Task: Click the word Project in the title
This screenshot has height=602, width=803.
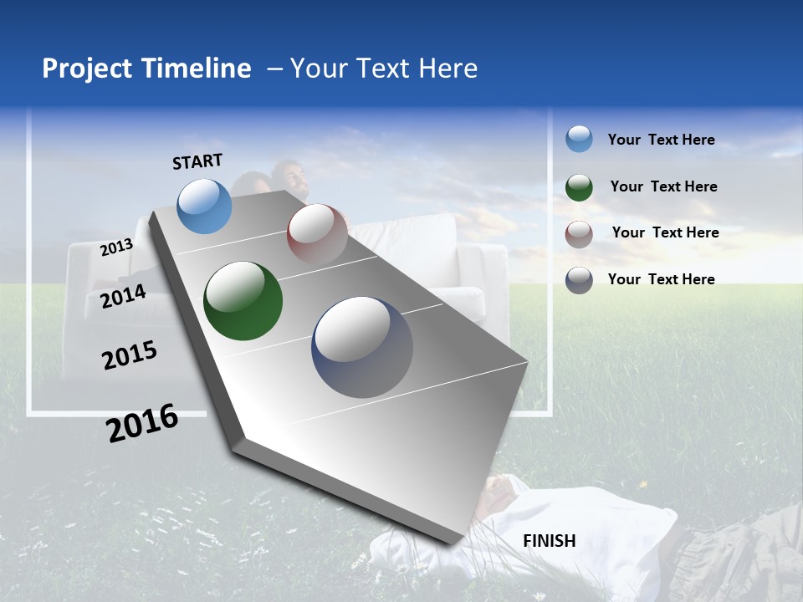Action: pos(88,69)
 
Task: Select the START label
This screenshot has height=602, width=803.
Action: pos(197,161)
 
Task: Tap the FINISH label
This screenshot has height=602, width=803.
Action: pos(550,541)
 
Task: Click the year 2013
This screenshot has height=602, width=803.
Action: pos(116,247)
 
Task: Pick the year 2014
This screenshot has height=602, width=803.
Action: pos(123,297)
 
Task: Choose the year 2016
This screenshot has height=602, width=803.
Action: pos(142,423)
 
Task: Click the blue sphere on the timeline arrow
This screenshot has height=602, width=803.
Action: pos(205,206)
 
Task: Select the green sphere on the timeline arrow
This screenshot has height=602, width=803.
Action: pos(243,301)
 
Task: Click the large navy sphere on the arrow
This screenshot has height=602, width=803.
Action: pos(362,347)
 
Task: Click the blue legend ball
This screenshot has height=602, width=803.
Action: pos(579,140)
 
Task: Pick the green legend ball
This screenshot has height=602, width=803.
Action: pos(579,187)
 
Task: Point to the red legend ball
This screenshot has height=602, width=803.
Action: pos(579,234)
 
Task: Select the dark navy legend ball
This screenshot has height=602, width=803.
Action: pos(579,280)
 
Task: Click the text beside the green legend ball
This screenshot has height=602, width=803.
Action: pos(663,186)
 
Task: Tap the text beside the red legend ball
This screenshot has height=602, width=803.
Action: pos(665,232)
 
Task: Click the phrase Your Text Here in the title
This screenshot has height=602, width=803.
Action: pos(384,69)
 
